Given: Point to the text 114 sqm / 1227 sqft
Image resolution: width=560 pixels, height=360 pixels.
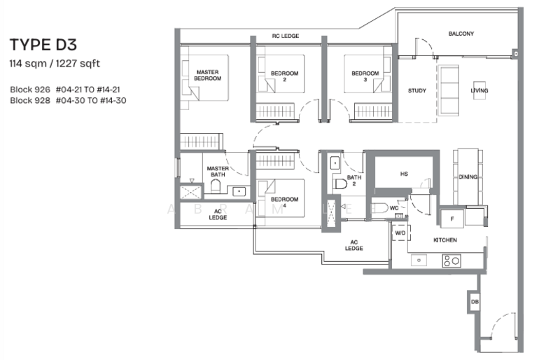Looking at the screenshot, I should point(55,64).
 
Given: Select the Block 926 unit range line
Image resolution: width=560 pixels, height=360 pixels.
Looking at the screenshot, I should point(69,90).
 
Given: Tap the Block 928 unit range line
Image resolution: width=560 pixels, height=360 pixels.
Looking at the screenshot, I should point(69,100).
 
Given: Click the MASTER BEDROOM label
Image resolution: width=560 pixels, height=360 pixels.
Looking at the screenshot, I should point(209,75).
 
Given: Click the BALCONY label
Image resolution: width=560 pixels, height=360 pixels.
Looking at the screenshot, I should point(461,34).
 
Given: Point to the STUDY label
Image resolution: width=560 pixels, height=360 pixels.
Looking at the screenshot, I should point(417,91).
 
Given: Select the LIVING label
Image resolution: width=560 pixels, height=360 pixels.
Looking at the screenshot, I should point(479,91).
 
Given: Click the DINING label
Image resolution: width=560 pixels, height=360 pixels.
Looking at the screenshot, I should point(468,177).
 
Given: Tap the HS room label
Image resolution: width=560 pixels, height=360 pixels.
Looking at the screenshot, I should point(404,174).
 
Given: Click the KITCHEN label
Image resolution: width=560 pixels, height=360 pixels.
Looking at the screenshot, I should point(444,240).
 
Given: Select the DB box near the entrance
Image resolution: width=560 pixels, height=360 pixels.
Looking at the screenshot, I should point(475,302).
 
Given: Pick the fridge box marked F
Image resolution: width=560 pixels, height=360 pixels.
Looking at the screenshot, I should point(452,218).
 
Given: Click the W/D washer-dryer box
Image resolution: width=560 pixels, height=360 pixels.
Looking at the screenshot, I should point(400,233).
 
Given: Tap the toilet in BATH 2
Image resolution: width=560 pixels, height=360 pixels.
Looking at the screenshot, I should point(342,184).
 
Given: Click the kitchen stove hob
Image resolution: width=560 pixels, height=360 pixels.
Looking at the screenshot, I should point(451,261).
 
